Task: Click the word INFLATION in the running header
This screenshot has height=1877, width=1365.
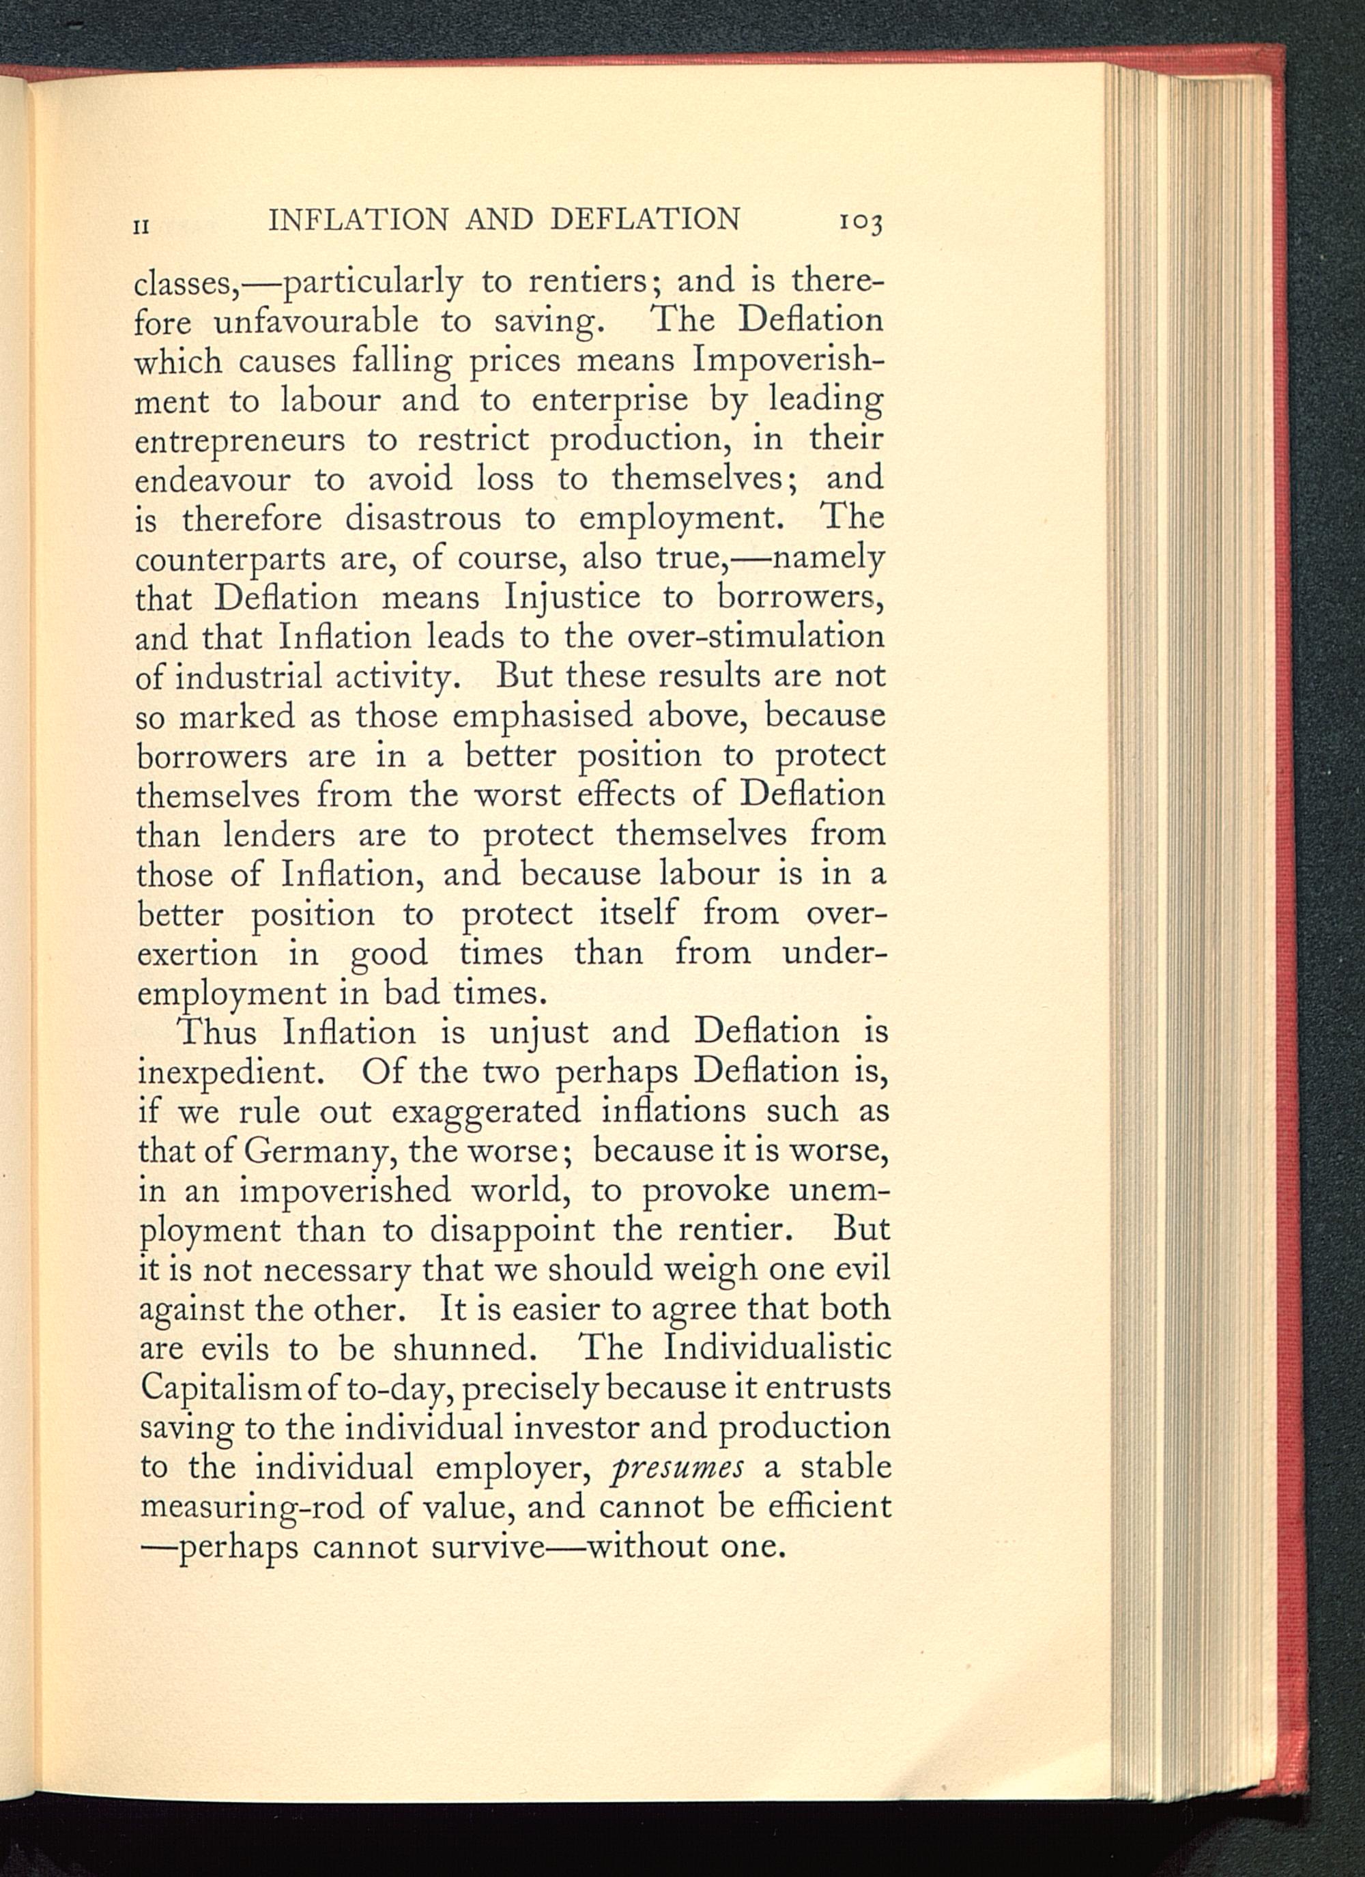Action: [x=358, y=219]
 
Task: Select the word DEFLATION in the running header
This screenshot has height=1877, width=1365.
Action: [x=645, y=219]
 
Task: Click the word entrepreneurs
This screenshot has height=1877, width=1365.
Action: [x=240, y=440]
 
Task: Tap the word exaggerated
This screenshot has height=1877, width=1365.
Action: [x=487, y=1111]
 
